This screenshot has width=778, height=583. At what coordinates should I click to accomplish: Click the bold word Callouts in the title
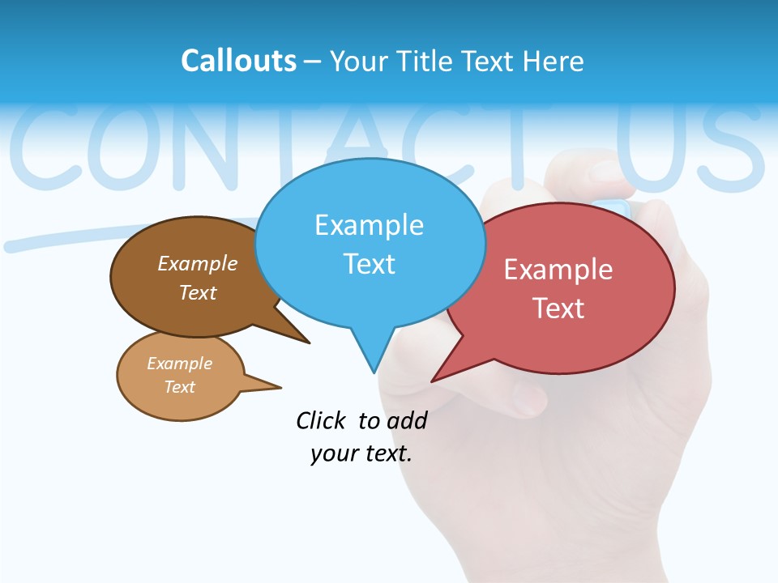(x=238, y=61)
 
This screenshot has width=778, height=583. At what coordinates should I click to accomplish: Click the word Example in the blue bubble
(x=369, y=225)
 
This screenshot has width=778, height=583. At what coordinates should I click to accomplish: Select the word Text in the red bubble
(x=559, y=309)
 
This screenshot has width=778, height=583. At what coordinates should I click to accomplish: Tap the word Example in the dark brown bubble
(x=198, y=263)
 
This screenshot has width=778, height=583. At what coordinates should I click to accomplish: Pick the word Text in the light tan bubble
(x=180, y=387)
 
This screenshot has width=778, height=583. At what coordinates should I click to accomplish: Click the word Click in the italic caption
(x=321, y=420)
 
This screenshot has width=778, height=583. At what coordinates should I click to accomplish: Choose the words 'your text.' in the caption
(x=361, y=453)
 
